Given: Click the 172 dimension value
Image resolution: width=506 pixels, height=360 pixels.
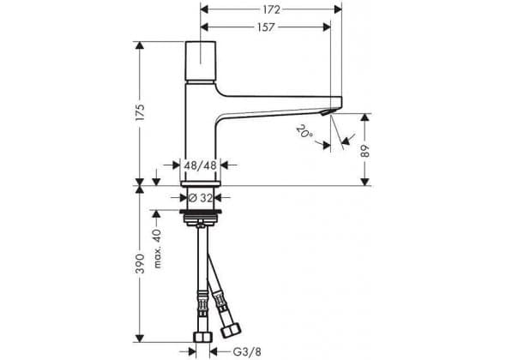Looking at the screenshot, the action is [271, 9].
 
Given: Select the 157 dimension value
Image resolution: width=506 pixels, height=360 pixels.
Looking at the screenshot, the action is [266, 27].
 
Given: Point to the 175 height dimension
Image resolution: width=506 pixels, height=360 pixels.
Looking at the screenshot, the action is [140, 112].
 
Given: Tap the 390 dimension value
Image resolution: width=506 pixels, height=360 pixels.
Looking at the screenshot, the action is [140, 263].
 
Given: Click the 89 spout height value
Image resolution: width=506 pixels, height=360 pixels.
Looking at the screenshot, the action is [365, 151].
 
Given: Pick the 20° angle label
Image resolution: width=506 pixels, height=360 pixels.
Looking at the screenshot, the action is [304, 132].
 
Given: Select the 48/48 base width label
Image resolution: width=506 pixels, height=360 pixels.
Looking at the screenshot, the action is [200, 165].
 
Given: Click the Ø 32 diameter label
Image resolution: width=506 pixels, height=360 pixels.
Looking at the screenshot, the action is [201, 197].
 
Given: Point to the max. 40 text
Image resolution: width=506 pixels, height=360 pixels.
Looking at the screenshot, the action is [157, 249].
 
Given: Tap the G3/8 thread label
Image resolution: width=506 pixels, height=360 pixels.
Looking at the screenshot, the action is [247, 351].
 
